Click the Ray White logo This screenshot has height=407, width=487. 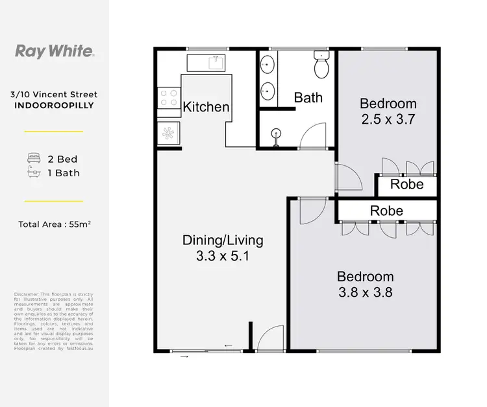pyautogui.click(x=54, y=52)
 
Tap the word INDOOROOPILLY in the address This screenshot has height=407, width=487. pyautogui.click(x=54, y=104)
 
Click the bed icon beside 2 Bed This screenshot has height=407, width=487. pyautogui.click(x=33, y=159)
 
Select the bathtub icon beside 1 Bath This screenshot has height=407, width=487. pyautogui.click(x=33, y=172)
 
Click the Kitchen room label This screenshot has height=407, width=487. pyautogui.click(x=206, y=106)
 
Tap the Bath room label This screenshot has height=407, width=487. pyautogui.click(x=308, y=98)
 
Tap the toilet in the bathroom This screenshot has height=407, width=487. pyautogui.click(x=321, y=65)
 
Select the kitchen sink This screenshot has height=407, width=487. pyautogui.click(x=206, y=63)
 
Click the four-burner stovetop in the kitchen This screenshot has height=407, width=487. pyautogui.click(x=169, y=98)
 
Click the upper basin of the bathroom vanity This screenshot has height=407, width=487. pyautogui.click(x=268, y=65)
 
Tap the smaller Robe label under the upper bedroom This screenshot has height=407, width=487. pyautogui.click(x=406, y=185)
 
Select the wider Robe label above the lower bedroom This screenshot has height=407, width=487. pyautogui.click(x=386, y=211)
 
